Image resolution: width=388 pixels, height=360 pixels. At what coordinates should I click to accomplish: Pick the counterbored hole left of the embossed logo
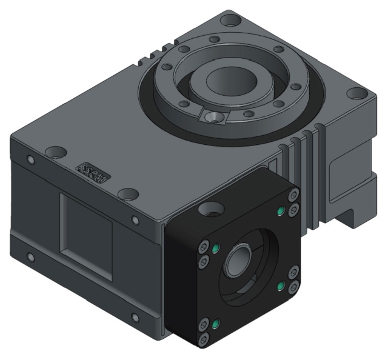coord(55,150)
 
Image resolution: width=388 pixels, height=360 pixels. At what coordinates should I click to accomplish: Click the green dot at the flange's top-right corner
coord(281,212)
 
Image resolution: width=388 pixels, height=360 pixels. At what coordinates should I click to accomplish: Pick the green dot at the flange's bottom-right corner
coord(281,284)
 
